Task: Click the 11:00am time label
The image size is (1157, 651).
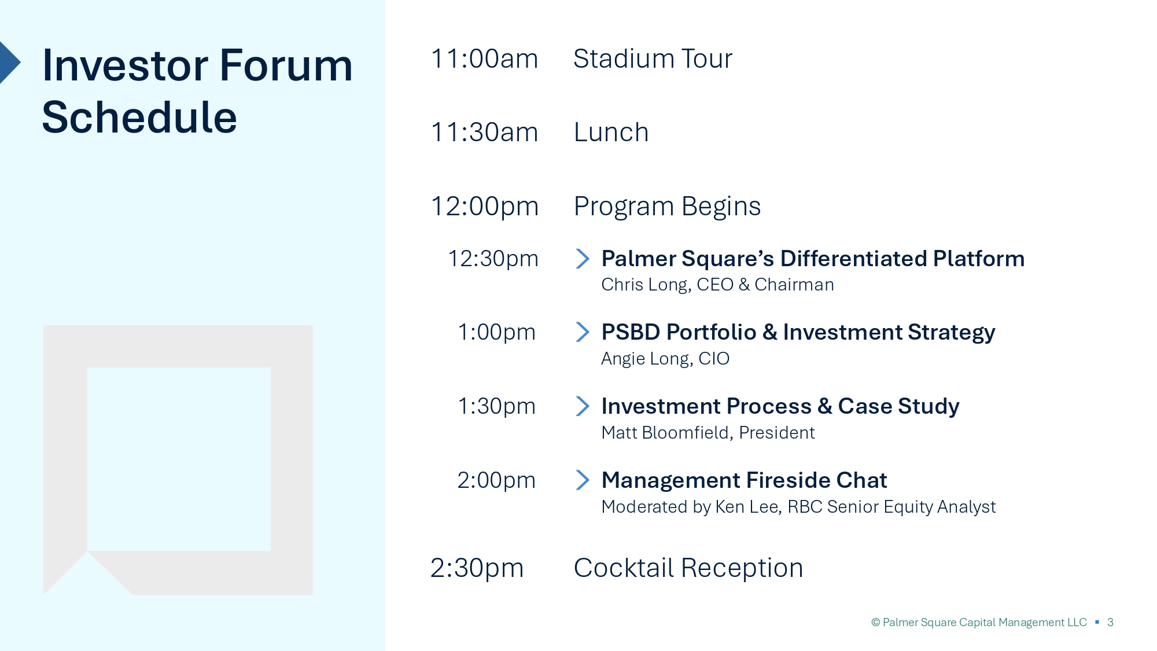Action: [x=484, y=59]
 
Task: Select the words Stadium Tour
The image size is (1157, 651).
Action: [x=653, y=59]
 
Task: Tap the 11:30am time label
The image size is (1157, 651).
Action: [x=484, y=133]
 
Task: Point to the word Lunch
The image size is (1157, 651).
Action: [x=611, y=133]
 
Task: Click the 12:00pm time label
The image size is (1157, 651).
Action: [x=485, y=207]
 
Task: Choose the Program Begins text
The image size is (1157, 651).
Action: [x=667, y=207]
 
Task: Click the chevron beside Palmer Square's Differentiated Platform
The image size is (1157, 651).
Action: [x=583, y=259]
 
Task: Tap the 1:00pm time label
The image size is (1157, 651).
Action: [x=496, y=333]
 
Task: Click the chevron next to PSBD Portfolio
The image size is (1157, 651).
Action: [x=583, y=332]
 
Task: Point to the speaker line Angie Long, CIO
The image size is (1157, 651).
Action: [x=665, y=359]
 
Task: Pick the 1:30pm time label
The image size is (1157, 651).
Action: [x=496, y=407]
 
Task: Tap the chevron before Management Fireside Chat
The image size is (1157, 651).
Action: [x=583, y=480]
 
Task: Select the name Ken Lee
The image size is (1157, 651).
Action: [x=748, y=507]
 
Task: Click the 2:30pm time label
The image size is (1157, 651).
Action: [x=477, y=568]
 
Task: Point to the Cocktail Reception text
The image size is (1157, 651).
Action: [x=688, y=568]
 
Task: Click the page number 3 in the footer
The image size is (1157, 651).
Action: [x=1110, y=623]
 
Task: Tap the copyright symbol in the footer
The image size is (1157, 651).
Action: [x=876, y=623]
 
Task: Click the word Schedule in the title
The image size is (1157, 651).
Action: [x=139, y=117]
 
